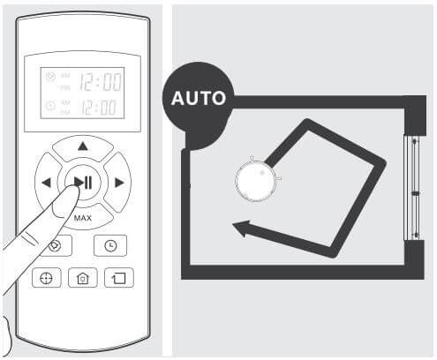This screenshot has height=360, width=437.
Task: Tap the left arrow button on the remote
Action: [x=46, y=183]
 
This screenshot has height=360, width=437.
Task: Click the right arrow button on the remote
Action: [x=119, y=183]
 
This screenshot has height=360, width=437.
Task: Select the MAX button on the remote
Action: [x=83, y=218]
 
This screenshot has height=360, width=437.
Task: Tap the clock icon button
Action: [x=110, y=245]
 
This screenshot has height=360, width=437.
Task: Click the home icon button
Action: [x=83, y=278]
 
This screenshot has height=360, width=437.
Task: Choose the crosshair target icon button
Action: [x=47, y=278]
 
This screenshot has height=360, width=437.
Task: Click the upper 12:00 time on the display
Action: [x=101, y=82]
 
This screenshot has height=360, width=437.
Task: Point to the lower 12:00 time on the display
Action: [x=99, y=107]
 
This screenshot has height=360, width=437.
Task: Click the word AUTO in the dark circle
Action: [x=199, y=98]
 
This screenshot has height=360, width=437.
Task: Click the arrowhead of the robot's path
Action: [x=242, y=229]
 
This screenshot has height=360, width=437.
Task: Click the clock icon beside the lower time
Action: [x=50, y=106]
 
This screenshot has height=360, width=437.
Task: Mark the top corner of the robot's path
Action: [x=307, y=124]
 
